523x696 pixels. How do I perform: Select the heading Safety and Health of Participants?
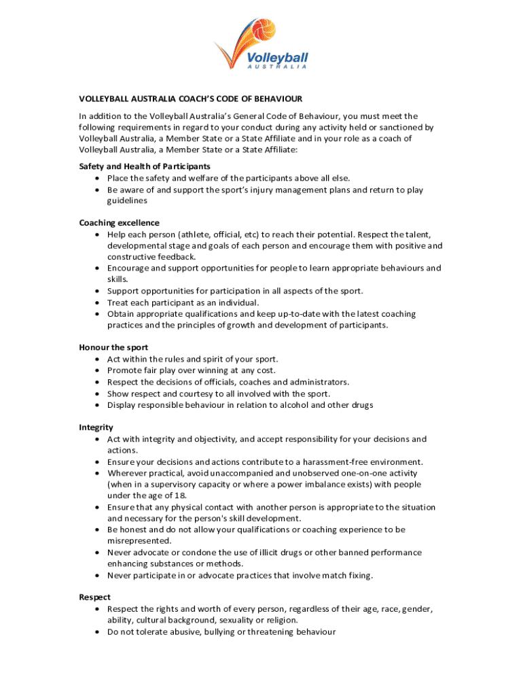click(145, 167)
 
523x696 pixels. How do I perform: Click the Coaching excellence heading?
click(120, 223)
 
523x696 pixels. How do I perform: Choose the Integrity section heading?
click(96, 428)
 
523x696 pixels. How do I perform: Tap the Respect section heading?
click(95, 597)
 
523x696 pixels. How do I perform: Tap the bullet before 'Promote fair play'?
click(99, 370)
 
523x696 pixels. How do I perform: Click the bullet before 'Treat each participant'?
click(99, 302)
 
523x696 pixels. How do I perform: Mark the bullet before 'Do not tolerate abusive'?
click(99, 632)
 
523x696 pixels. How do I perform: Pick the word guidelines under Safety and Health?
click(127, 201)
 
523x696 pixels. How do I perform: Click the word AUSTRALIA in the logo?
click(277, 67)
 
